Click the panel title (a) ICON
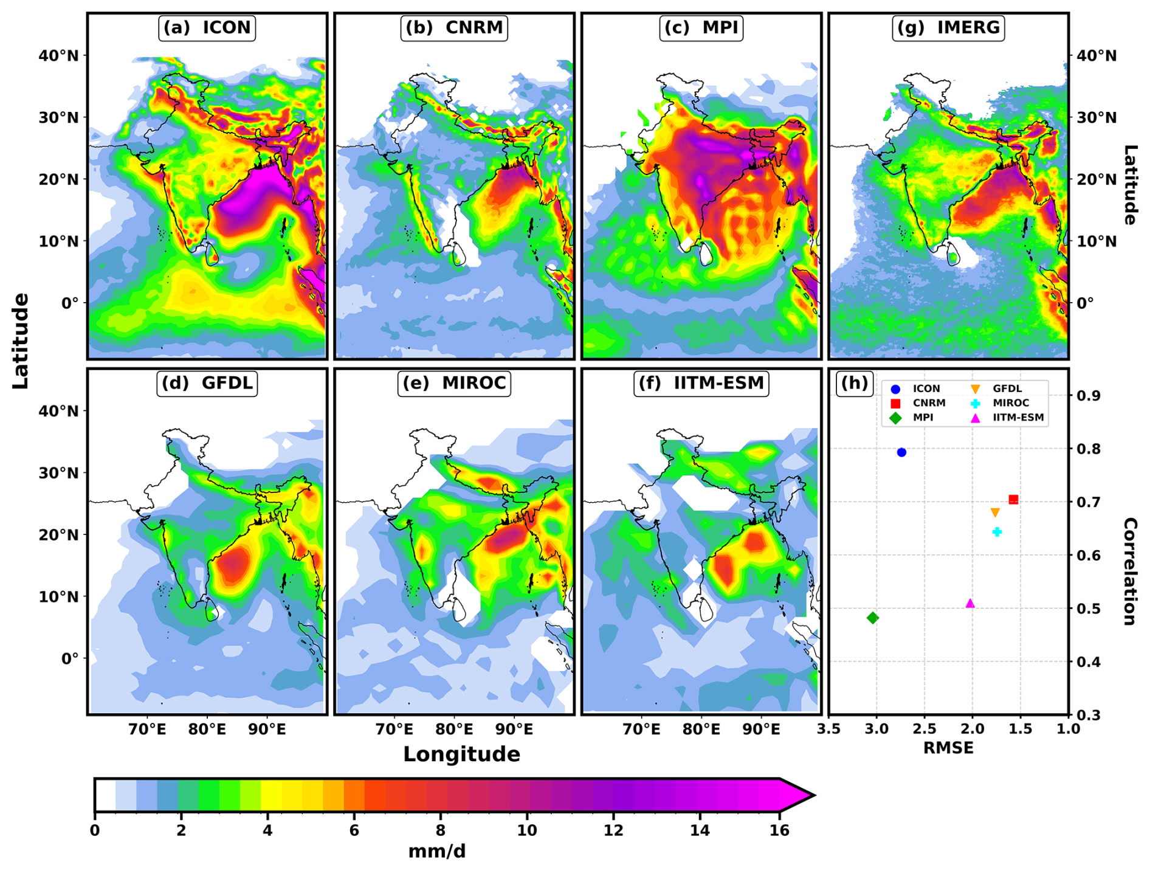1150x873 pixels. pos(207,28)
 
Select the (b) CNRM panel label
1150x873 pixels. pos(454,28)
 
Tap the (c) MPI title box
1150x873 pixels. pos(701,28)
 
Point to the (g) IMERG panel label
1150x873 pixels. pos(948,28)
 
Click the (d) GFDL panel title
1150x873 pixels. pos(207,383)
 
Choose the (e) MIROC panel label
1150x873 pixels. pos(454,383)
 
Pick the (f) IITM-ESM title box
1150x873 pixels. pos(701,383)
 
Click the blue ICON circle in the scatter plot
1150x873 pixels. pos(901,452)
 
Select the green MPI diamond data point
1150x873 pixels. pos(873,618)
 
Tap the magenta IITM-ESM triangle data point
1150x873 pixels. pos(970,603)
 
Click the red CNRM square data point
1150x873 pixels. pos(1013,500)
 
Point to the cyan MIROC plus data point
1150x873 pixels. pos(997,532)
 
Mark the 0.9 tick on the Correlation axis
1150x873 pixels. pos(1088,396)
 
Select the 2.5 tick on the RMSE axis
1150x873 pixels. pos(924,729)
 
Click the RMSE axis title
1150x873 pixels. pos(948,748)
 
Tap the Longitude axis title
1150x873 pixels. pos(461,754)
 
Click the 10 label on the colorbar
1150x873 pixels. pos(527,830)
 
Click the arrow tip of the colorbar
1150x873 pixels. pos(814,795)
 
